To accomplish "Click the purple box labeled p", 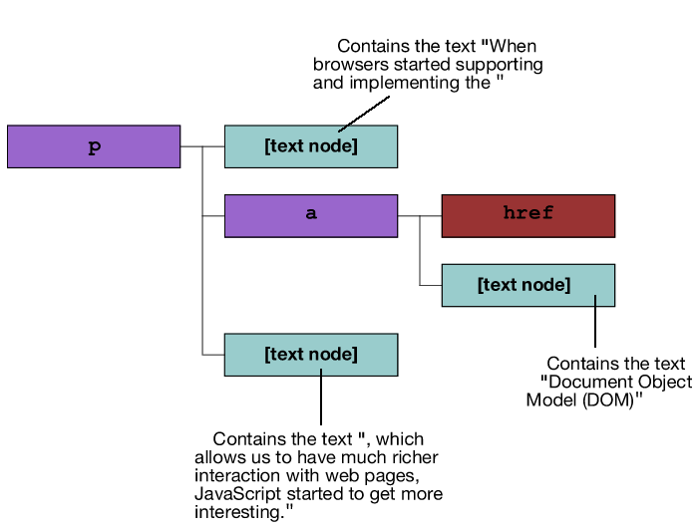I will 94,146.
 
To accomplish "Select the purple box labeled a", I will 310,215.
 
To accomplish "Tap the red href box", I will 527,215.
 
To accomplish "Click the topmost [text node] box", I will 310,146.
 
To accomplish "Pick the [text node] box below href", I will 527,285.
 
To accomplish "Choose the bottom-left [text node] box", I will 310,355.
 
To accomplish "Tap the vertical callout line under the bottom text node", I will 320,398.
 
